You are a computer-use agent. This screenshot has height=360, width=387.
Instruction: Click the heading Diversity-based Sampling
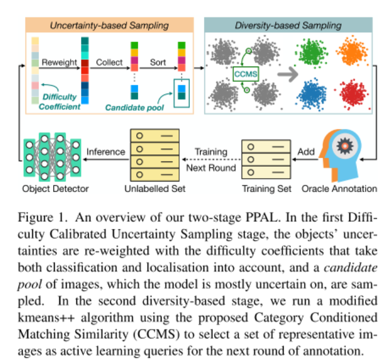(288, 25)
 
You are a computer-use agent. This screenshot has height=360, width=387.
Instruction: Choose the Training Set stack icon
(265, 159)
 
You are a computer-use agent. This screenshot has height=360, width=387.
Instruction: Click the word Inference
(106, 151)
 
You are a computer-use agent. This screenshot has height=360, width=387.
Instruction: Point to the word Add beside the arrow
(306, 151)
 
